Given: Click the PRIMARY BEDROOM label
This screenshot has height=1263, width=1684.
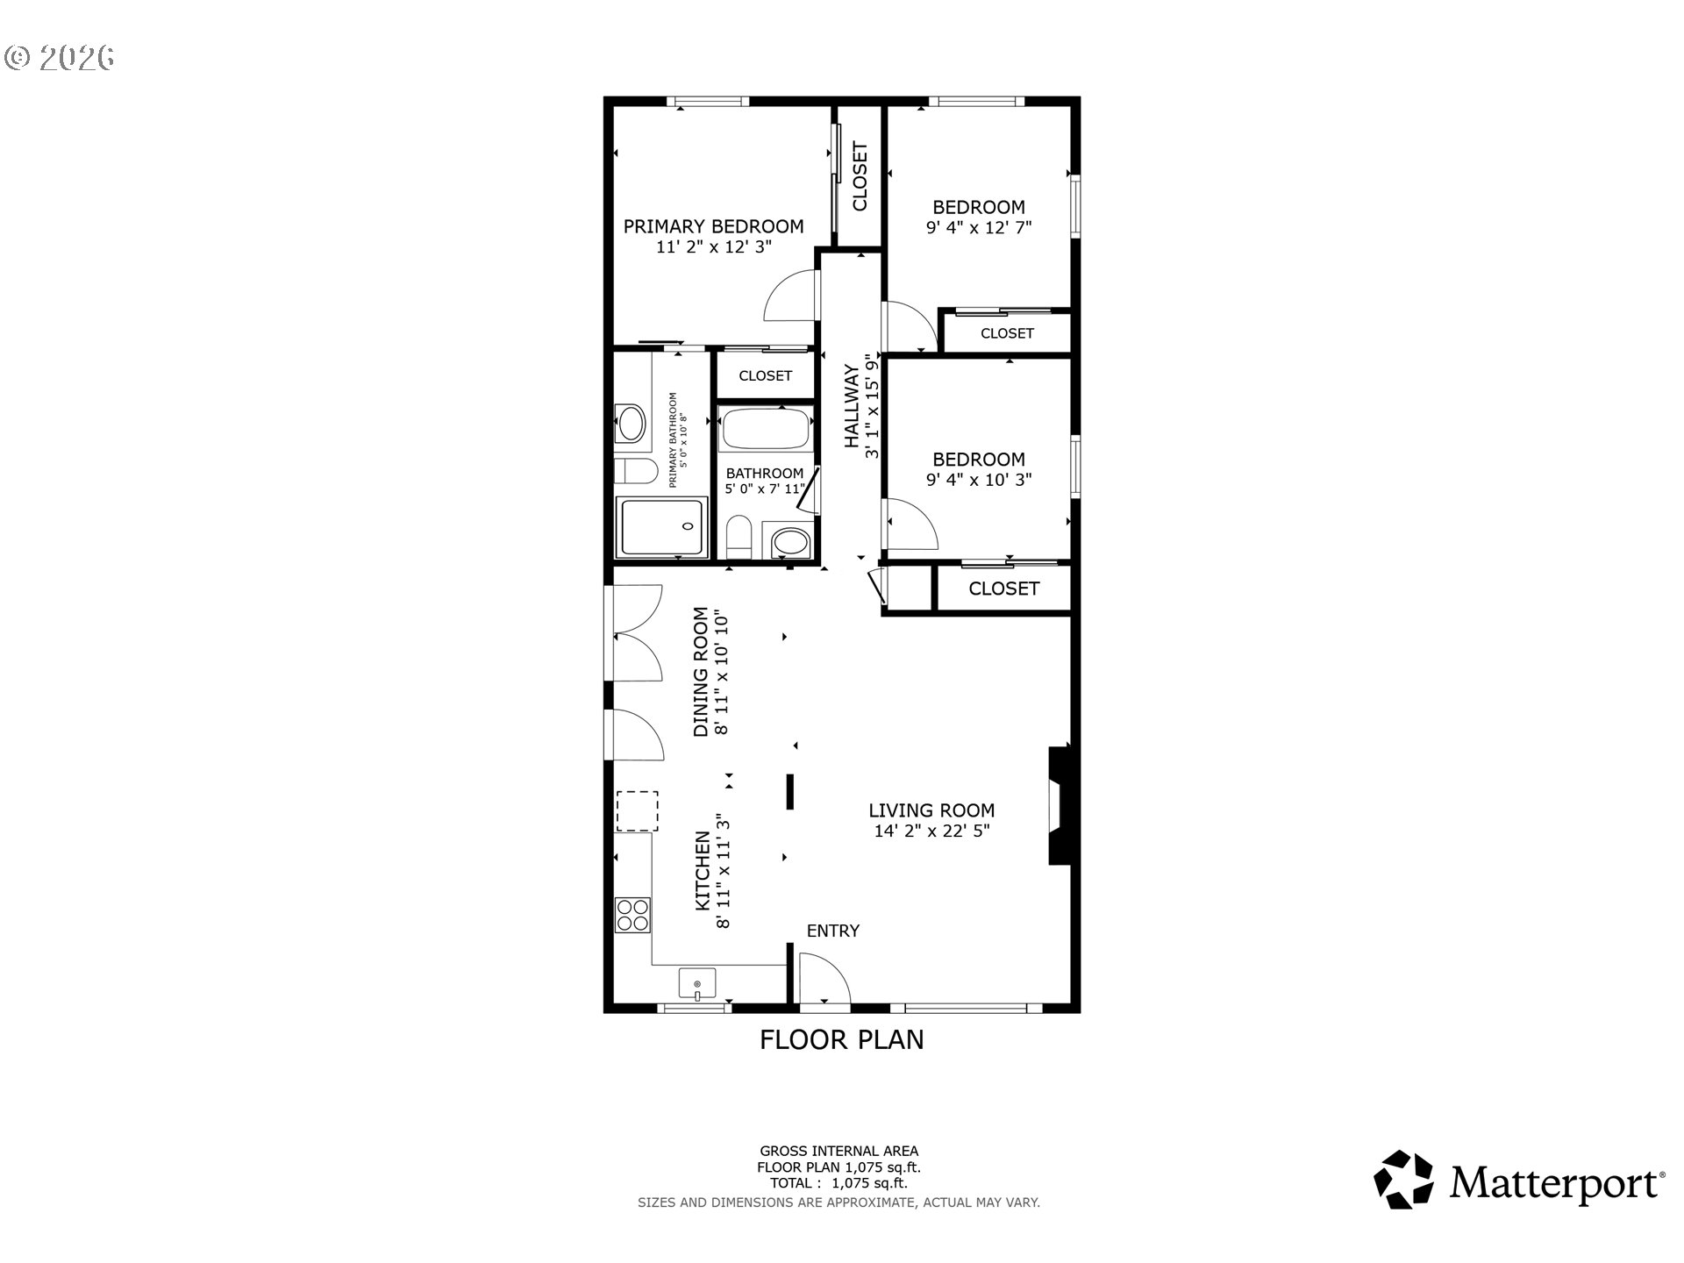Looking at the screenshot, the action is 713,226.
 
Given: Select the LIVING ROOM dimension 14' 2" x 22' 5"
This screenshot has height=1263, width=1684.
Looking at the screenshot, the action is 931,831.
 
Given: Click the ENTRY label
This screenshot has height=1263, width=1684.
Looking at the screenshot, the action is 832,931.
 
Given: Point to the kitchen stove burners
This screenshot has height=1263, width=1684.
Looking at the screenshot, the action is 632,915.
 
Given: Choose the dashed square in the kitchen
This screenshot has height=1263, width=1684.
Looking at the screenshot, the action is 638,810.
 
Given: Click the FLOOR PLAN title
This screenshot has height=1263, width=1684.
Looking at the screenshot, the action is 841,1039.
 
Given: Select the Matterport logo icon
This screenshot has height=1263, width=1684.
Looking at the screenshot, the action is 1403,1180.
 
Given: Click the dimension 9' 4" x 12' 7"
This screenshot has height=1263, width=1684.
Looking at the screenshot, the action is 979,227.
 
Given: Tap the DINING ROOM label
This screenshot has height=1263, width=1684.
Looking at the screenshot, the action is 701,673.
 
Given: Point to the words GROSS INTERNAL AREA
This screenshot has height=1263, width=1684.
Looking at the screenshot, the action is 838,1151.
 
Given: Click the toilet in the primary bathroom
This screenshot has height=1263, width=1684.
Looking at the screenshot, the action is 635,471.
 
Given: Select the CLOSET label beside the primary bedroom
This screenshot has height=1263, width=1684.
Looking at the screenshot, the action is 860,176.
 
